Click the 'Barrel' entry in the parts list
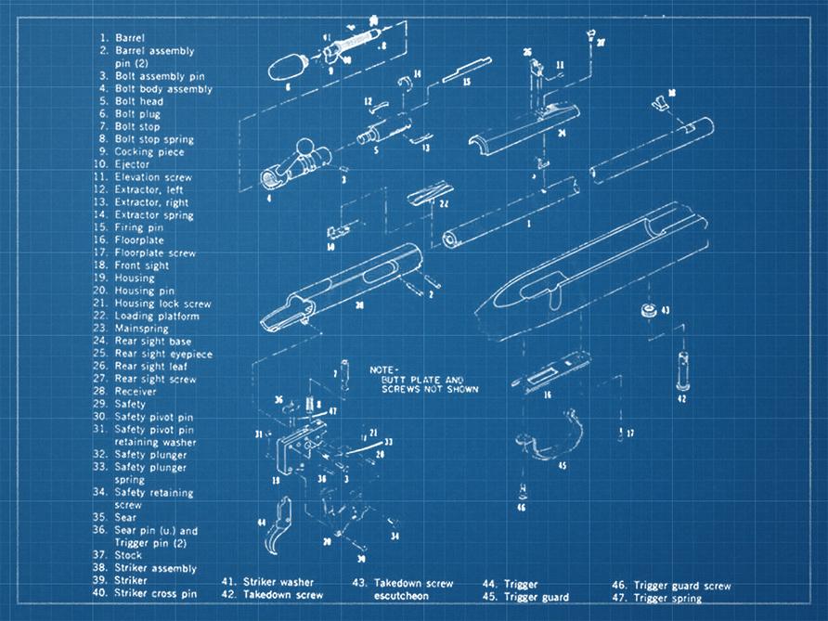(x=129, y=38)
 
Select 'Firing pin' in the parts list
(x=139, y=227)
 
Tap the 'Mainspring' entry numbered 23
(x=140, y=329)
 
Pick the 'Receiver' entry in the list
(x=136, y=392)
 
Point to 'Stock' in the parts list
(x=128, y=555)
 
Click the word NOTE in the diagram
(x=383, y=369)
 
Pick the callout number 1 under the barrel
(x=528, y=225)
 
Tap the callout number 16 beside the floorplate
(x=548, y=395)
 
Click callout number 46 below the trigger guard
(x=521, y=508)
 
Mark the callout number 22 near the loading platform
(x=444, y=203)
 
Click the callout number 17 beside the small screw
(x=629, y=433)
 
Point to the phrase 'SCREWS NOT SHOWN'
(x=431, y=390)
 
